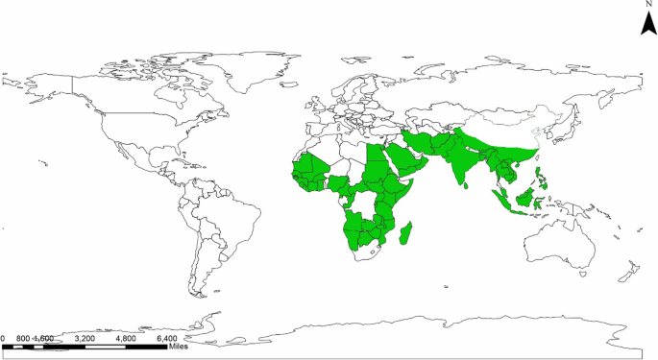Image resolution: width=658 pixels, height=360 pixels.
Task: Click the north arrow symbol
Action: pyautogui.click(x=649, y=24)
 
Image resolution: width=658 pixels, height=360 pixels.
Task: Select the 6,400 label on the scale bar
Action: pyautogui.click(x=166, y=338)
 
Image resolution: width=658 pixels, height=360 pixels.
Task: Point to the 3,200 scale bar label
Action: pyautogui.click(x=85, y=338)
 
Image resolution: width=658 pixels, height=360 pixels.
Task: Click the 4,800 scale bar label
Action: pyautogui.click(x=126, y=338)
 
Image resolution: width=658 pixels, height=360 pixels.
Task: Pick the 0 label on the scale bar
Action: pyautogui.click(x=3, y=338)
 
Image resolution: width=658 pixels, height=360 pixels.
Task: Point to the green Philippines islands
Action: pyautogui.click(x=543, y=177)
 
